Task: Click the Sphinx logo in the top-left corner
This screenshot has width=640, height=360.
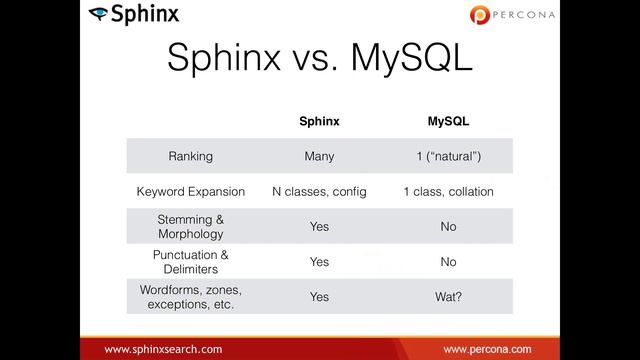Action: [x=134, y=14]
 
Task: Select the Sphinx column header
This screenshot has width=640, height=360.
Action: [x=319, y=121]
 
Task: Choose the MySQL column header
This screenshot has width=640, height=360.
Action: [x=448, y=121]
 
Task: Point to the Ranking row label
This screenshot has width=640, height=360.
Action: [x=190, y=156]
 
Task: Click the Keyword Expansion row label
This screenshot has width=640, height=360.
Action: [x=190, y=191]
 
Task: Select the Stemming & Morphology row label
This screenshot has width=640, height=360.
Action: [x=190, y=226]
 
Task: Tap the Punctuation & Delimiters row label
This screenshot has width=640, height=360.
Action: [x=190, y=261]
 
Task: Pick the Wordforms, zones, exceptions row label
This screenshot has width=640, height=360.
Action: [x=190, y=296]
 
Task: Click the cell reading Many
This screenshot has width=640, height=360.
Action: [x=319, y=156]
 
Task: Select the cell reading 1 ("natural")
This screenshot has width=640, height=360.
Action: [x=448, y=156]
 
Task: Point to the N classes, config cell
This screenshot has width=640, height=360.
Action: [x=319, y=191]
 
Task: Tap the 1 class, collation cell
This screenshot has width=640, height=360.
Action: [x=448, y=191]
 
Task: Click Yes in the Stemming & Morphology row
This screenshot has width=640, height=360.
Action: [x=319, y=227]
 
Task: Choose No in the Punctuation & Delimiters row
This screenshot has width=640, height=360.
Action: [x=448, y=262]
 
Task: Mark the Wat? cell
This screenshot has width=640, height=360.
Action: [x=448, y=297]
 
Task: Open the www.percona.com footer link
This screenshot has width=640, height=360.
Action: [x=487, y=349]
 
